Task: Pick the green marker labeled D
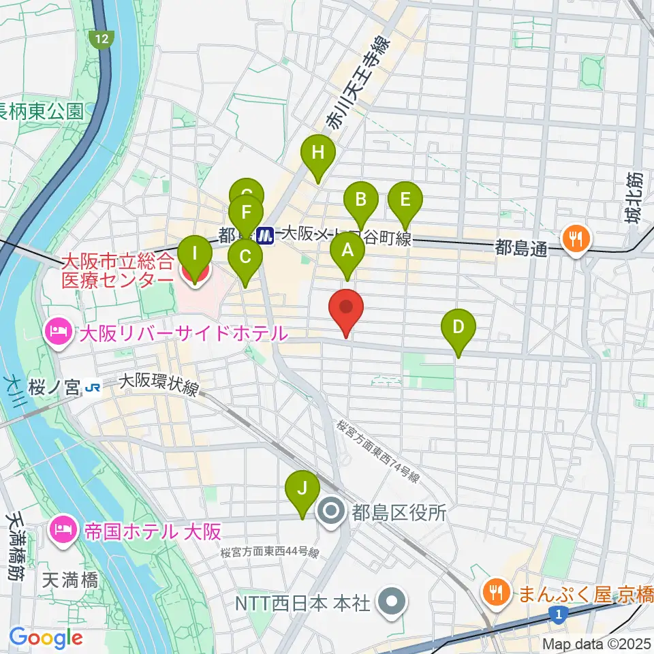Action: (x=459, y=328)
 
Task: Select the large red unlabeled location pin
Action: (x=347, y=308)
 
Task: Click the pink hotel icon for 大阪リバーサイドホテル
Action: (x=56, y=333)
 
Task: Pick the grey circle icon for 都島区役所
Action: (x=332, y=512)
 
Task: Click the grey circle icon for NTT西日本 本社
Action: (x=393, y=602)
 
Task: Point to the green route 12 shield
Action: (x=102, y=40)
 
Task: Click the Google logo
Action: (x=46, y=638)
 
